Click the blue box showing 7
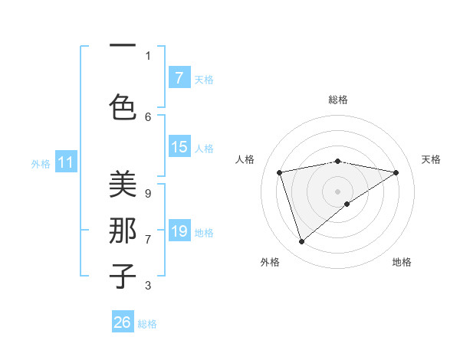[179, 78]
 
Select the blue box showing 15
[179, 147]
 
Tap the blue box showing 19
[179, 231]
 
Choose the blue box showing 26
[123, 322]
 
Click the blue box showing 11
[66, 162]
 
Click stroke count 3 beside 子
[147, 286]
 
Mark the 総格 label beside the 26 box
[147, 324]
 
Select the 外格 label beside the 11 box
[41, 164]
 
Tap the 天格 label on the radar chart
[431, 159]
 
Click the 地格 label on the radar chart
[402, 262]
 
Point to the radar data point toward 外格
[302, 242]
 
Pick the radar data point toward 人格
[279, 172]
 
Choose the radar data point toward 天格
[396, 172]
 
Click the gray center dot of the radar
[337, 191]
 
